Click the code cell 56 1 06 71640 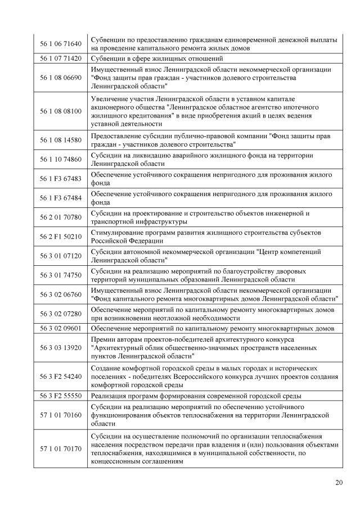point(61,43)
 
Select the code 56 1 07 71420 point(61,58)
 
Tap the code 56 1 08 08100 point(61,111)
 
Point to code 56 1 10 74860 point(61,160)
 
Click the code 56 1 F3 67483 point(61,179)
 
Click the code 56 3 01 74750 point(61,275)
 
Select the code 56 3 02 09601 point(61,328)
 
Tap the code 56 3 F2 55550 point(61,396)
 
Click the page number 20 point(338,482)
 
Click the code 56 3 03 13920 point(61,348)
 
